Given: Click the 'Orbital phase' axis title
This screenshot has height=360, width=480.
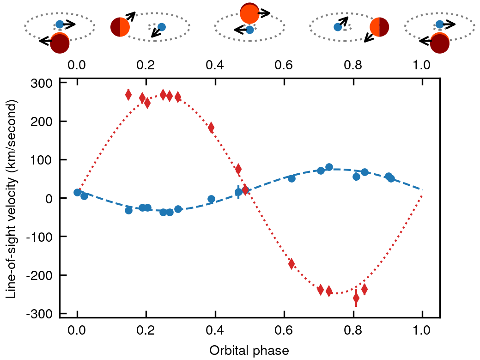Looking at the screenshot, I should tap(249, 350).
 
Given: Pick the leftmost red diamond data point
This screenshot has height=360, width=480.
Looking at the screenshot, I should tap(128, 95).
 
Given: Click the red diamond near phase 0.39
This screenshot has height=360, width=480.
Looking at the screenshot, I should tap(211, 128).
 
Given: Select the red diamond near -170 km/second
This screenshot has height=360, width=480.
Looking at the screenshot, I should tap(292, 264).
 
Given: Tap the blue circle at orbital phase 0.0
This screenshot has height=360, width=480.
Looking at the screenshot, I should tap(77, 192).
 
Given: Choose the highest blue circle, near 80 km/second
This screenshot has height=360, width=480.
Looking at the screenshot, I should tap(329, 167).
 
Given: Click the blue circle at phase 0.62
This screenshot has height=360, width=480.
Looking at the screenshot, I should tap(292, 178).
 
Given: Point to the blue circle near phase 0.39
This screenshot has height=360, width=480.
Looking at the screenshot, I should tap(211, 199).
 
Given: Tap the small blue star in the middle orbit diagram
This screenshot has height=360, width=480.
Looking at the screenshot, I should tap(250, 30).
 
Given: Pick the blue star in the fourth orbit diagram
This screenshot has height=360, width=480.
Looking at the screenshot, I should tap(338, 27).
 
